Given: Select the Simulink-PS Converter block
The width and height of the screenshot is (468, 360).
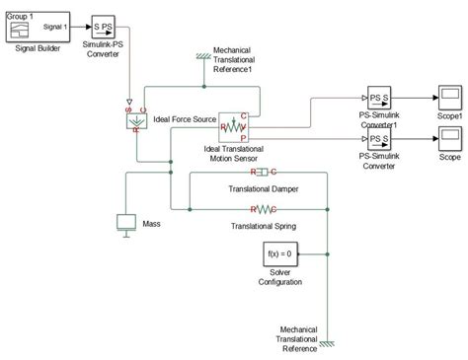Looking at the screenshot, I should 106,27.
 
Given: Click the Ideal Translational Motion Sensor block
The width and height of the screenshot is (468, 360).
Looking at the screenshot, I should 237,127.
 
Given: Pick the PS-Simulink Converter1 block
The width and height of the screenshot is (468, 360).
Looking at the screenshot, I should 380,99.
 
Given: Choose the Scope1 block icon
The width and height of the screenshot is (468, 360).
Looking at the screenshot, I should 445,99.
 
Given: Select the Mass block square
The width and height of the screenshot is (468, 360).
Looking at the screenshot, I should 127,223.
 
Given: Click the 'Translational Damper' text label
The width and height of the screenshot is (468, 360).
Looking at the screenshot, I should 263,188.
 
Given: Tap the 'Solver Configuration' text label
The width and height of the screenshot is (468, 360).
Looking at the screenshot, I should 279,277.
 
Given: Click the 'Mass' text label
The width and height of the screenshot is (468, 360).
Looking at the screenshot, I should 151,224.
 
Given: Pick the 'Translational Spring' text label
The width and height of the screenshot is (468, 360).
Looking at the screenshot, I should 263,225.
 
